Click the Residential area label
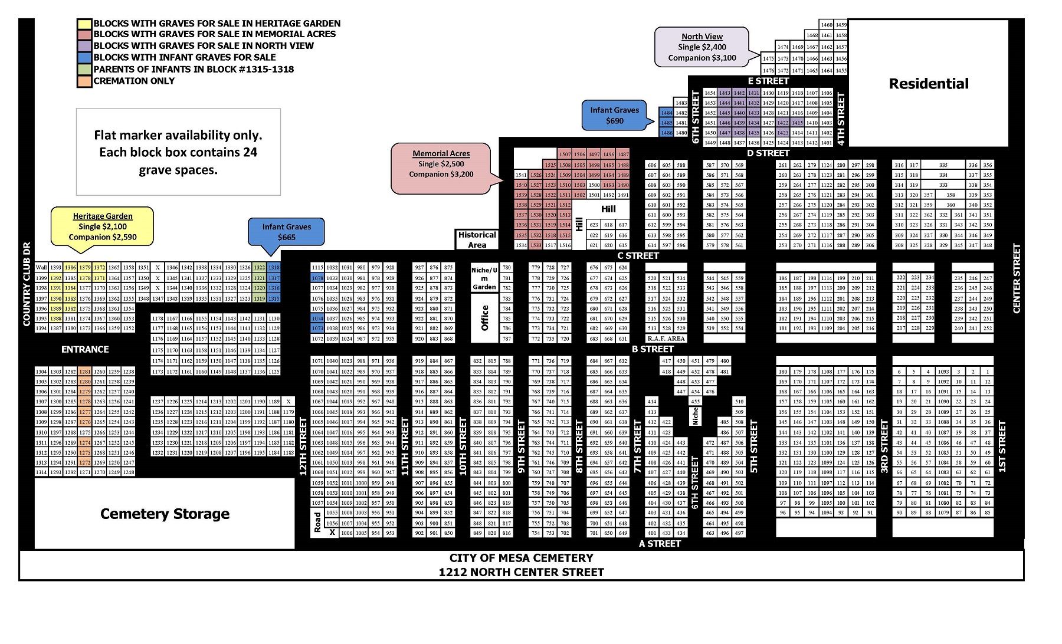click(928, 84)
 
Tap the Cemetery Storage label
click(165, 514)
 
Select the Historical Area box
click(477, 239)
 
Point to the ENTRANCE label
click(85, 349)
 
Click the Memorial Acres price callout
click(441, 164)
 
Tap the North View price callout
click(702, 47)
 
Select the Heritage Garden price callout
click(102, 226)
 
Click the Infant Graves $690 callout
click(614, 116)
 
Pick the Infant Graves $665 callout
click(286, 232)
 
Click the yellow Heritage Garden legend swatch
click(84, 24)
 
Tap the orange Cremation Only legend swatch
click(84, 81)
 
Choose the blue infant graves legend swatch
click(84, 57)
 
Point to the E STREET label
click(768, 81)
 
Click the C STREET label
click(638, 255)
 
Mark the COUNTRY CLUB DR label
click(27, 284)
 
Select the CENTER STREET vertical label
click(1016, 278)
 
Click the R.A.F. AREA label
click(666, 339)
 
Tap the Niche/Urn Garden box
click(484, 278)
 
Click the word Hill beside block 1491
click(608, 209)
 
